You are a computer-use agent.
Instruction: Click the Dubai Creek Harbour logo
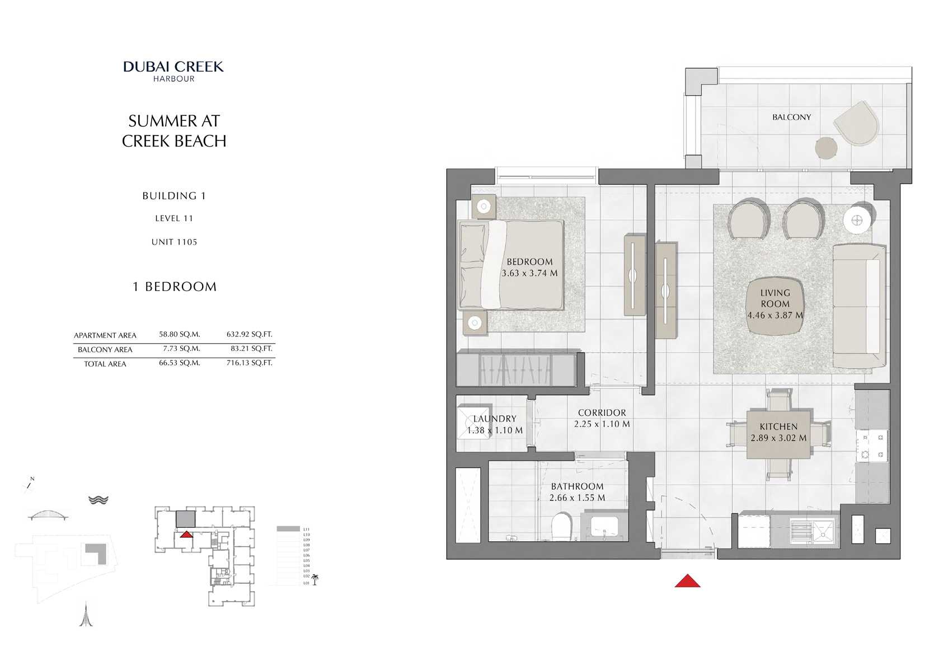(x=173, y=71)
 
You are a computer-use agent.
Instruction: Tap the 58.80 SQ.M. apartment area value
(x=179, y=334)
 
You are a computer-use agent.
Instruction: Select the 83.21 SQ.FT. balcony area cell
(x=251, y=348)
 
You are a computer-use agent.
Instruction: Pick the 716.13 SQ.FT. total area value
(x=249, y=363)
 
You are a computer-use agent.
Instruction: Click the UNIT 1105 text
(x=174, y=242)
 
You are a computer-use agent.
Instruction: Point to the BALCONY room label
(x=791, y=117)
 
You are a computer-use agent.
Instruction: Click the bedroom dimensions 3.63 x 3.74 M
(x=529, y=274)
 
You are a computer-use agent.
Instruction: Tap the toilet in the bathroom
(x=561, y=527)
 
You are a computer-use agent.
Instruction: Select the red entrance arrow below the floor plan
(x=687, y=581)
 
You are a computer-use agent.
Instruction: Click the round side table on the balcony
(x=826, y=148)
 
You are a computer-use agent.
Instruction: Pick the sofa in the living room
(x=858, y=306)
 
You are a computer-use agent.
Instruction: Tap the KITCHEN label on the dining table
(x=778, y=427)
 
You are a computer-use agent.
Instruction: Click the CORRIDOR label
(x=602, y=413)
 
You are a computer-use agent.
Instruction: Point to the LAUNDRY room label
(x=495, y=419)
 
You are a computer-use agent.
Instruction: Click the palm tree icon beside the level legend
(x=315, y=579)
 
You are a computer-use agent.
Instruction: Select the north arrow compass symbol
(x=29, y=485)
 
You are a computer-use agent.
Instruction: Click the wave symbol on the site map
(x=98, y=500)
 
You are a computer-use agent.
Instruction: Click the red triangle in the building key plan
(x=186, y=535)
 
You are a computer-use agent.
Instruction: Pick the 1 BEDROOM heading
(x=174, y=287)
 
